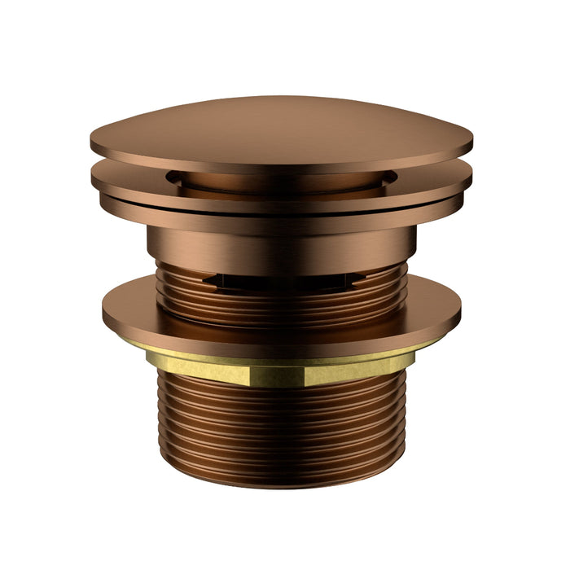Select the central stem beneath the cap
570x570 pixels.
click(281, 182)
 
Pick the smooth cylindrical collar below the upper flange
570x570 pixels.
click(281, 244)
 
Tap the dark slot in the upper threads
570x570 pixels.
click(281, 281)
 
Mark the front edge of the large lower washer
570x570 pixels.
click(281, 342)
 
